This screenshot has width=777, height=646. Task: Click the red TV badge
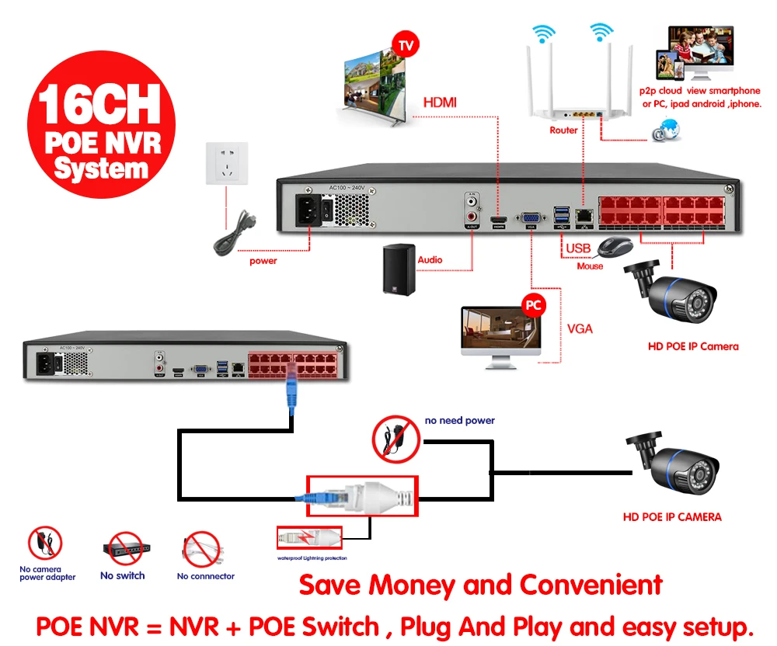[406, 45]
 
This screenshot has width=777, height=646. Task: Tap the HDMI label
[440, 102]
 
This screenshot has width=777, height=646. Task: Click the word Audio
[430, 260]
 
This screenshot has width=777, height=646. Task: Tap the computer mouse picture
[613, 247]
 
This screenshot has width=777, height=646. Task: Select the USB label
[578, 248]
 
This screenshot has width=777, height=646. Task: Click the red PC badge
[533, 305]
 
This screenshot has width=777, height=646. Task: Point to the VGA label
[580, 328]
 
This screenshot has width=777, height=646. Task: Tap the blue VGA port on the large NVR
[531, 219]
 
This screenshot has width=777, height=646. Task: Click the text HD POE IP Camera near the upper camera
[693, 346]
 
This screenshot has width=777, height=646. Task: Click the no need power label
[460, 421]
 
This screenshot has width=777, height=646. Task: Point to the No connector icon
[202, 550]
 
